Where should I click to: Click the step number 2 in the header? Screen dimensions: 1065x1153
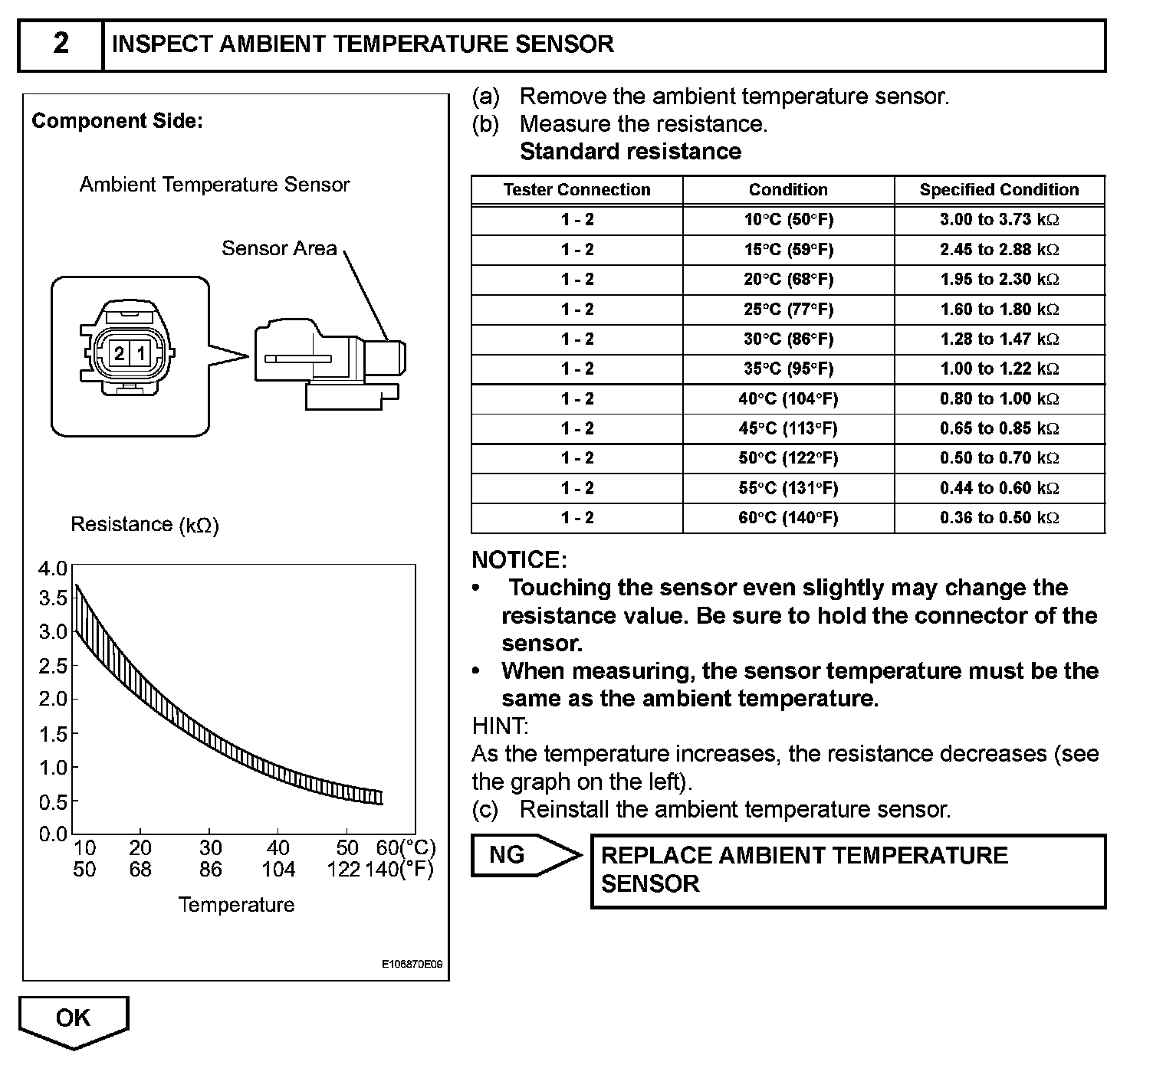pyautogui.click(x=61, y=44)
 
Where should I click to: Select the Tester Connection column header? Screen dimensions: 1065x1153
pyautogui.click(x=576, y=190)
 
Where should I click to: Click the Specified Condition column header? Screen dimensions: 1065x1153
pyautogui.click(x=999, y=190)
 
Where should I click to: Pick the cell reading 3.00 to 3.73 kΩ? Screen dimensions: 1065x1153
pyautogui.click(x=999, y=220)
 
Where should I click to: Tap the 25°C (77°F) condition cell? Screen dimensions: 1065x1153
pyautogui.click(x=788, y=310)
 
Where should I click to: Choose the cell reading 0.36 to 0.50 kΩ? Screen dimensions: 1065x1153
pyautogui.click(x=999, y=518)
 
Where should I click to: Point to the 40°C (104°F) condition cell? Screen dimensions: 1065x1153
pyautogui.click(x=788, y=399)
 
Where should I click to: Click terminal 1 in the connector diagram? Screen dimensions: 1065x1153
pyautogui.click(x=141, y=354)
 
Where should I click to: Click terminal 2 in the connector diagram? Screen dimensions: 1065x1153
pyautogui.click(x=120, y=354)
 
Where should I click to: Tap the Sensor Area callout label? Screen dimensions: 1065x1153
pyautogui.click(x=279, y=248)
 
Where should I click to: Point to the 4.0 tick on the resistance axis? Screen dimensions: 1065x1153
pyautogui.click(x=53, y=569)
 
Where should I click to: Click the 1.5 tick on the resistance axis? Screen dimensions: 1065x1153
pyautogui.click(x=53, y=734)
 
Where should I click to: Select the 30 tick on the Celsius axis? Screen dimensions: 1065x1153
pyautogui.click(x=210, y=848)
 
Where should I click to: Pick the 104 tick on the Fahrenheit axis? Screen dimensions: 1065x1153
pyautogui.click(x=278, y=870)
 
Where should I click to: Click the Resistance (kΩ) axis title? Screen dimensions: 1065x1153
pyautogui.click(x=145, y=525)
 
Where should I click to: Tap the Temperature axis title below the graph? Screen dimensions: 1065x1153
pyautogui.click(x=236, y=905)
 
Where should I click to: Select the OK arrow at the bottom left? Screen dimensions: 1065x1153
pyautogui.click(x=73, y=1018)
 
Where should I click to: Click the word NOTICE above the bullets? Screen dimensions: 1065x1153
pyautogui.click(x=519, y=560)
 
